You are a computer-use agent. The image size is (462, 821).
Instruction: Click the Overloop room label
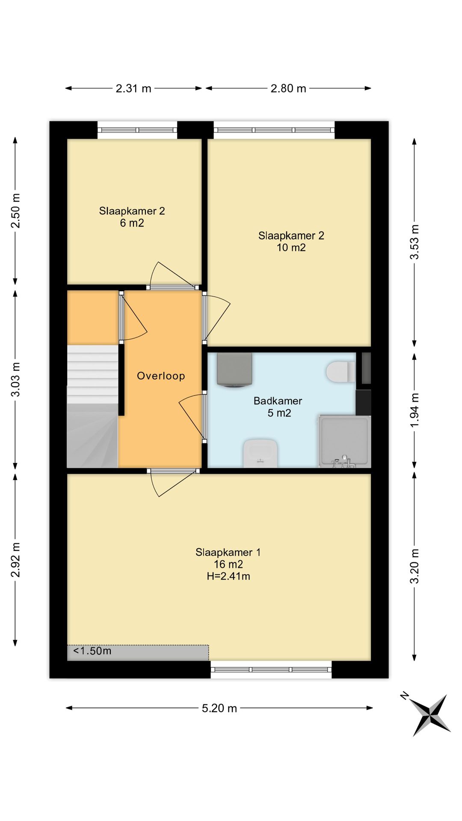[161, 376]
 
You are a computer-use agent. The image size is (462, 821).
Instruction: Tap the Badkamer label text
[278, 401]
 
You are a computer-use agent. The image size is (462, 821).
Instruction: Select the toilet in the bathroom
[341, 372]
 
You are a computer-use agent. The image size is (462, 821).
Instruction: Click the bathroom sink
[261, 453]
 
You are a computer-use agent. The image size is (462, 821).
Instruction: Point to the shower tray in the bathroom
[344, 441]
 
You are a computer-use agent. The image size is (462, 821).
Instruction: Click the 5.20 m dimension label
[219, 708]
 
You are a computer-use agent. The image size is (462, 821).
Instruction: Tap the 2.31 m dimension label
[133, 89]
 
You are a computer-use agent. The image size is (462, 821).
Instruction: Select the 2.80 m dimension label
[288, 89]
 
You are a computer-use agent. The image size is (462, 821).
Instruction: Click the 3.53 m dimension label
[414, 242]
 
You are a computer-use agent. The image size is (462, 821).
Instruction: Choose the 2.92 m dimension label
[15, 560]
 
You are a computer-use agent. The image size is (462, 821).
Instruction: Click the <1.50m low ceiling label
[92, 651]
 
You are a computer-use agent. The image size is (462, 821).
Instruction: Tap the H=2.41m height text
[228, 576]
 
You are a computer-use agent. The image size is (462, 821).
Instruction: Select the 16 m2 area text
[228, 564]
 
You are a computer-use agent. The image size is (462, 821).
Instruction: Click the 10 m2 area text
[291, 247]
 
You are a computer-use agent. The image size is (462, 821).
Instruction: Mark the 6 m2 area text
[132, 223]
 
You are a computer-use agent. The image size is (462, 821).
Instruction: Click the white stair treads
[92, 374]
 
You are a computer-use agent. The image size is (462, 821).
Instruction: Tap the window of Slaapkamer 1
[271, 669]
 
